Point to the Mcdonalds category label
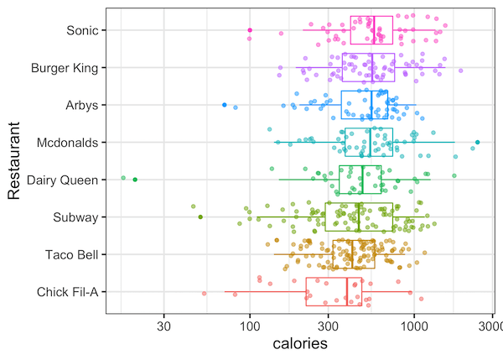[x=68, y=143]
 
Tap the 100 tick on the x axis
[x=250, y=325]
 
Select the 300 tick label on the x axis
[x=329, y=325]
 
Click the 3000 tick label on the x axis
[x=491, y=325]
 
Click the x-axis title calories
[x=300, y=344]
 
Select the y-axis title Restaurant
[x=14, y=161]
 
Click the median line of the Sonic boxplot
[x=374, y=30]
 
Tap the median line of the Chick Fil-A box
[x=346, y=292]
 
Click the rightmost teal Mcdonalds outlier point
[x=477, y=143]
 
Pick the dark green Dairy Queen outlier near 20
[x=135, y=180]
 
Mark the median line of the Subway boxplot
[x=359, y=217]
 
